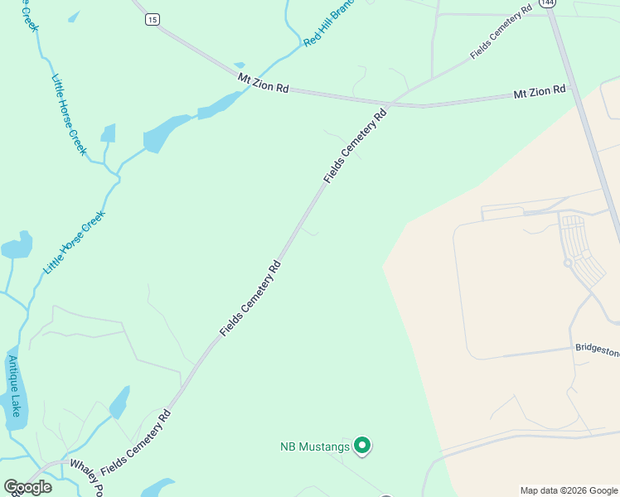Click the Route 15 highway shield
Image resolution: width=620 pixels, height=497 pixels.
(x=152, y=19)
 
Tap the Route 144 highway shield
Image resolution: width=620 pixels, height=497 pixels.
(x=545, y=3)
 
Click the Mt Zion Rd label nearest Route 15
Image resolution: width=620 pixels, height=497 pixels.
(x=263, y=83)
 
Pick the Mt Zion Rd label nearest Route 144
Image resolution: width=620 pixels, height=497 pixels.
(x=539, y=90)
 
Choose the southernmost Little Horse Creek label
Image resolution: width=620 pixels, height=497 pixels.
(x=75, y=243)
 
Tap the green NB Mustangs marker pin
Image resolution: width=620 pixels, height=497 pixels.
(x=361, y=446)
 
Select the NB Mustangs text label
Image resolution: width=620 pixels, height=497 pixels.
(x=314, y=447)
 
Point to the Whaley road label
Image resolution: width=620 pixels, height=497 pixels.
(x=86, y=477)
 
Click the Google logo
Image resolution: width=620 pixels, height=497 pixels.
(x=27, y=487)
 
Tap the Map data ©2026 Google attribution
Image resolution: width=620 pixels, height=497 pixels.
(x=569, y=490)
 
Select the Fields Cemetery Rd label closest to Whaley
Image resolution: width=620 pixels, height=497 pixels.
(x=136, y=443)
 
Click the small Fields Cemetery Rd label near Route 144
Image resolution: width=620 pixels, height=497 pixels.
(x=501, y=34)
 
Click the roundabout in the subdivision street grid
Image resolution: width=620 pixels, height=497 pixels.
(x=568, y=263)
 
